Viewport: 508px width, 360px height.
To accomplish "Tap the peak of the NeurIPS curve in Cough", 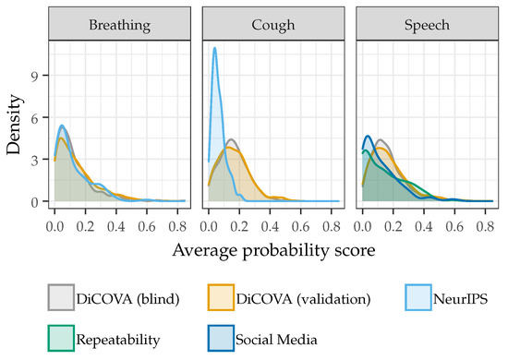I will tap(215, 48).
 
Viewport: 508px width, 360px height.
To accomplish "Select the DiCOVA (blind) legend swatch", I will tap(63, 296).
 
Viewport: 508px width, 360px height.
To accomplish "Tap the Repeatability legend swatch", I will tap(63, 339).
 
